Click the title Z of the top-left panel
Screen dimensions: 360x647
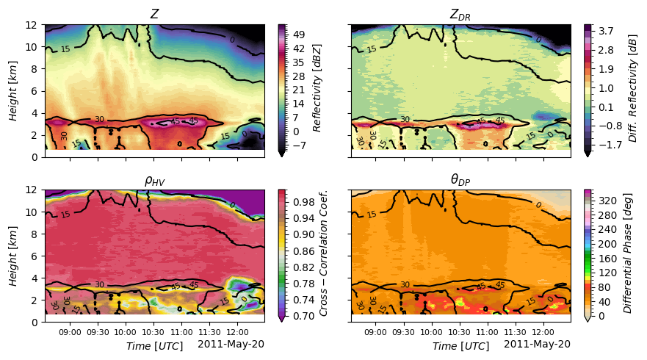pyautogui.click(x=154, y=14)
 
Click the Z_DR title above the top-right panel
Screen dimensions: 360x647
pyautogui.click(x=460, y=15)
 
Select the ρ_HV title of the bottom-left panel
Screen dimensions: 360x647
pyautogui.click(x=154, y=180)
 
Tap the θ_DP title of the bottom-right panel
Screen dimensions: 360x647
pyautogui.click(x=460, y=180)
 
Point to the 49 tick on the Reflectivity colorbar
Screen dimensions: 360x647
pyautogui.click(x=300, y=34)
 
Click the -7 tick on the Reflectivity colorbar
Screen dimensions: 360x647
pyautogui.click(x=300, y=145)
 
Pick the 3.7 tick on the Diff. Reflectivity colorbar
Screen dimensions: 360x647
pyautogui.click(x=606, y=32)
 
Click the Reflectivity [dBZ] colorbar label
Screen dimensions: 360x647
pyautogui.click(x=317, y=90)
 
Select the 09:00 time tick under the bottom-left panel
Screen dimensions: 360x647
pyautogui.click(x=70, y=332)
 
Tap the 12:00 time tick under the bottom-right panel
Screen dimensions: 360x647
pyautogui.click(x=543, y=332)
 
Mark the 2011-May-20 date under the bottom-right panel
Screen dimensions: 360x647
pyautogui.click(x=538, y=344)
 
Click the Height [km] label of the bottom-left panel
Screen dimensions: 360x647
pyautogui.click(x=14, y=255)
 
